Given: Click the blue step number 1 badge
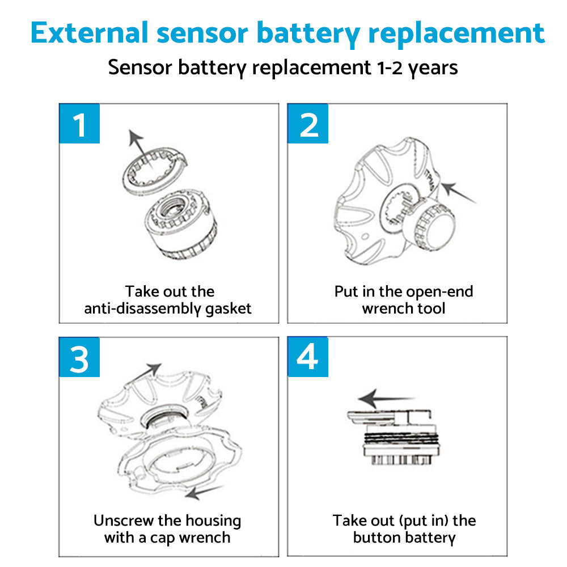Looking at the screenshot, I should [79, 124].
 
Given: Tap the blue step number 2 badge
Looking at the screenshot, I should [308, 124].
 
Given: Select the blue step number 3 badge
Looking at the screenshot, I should [79, 357].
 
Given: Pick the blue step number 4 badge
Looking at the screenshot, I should [308, 357].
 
